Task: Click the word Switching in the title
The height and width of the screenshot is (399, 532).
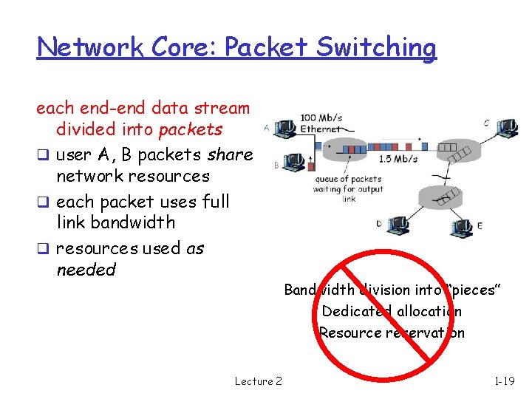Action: click(x=385, y=48)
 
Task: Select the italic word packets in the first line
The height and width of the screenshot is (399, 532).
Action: click(x=191, y=129)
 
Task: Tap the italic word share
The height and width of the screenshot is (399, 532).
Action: click(x=230, y=154)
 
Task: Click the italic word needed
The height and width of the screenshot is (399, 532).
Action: click(x=86, y=270)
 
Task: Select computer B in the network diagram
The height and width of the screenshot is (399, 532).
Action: click(x=293, y=162)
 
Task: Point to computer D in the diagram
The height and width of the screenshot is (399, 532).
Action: click(x=398, y=223)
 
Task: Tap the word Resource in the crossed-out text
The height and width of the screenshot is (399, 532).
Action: click(x=350, y=332)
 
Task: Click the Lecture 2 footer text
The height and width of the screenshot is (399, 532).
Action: click(x=258, y=381)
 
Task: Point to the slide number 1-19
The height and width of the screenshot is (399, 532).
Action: click(x=505, y=381)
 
